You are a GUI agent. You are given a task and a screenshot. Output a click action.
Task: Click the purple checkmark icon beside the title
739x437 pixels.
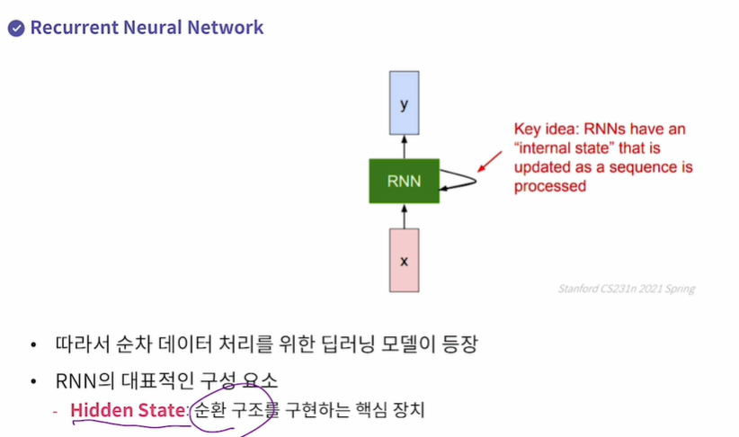point(15,27)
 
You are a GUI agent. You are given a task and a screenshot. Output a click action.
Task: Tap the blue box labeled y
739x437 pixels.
point(404,103)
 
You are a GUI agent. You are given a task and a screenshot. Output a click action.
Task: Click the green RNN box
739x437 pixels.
point(404,181)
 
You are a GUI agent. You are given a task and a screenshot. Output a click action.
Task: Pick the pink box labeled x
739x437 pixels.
point(404,260)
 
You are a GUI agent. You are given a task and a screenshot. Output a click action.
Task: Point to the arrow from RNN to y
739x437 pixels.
point(404,147)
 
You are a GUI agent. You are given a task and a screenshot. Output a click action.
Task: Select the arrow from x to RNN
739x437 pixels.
point(404,214)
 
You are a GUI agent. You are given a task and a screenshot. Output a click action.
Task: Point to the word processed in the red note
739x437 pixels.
point(549,187)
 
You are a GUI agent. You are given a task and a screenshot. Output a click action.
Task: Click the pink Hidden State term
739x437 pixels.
point(127,411)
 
